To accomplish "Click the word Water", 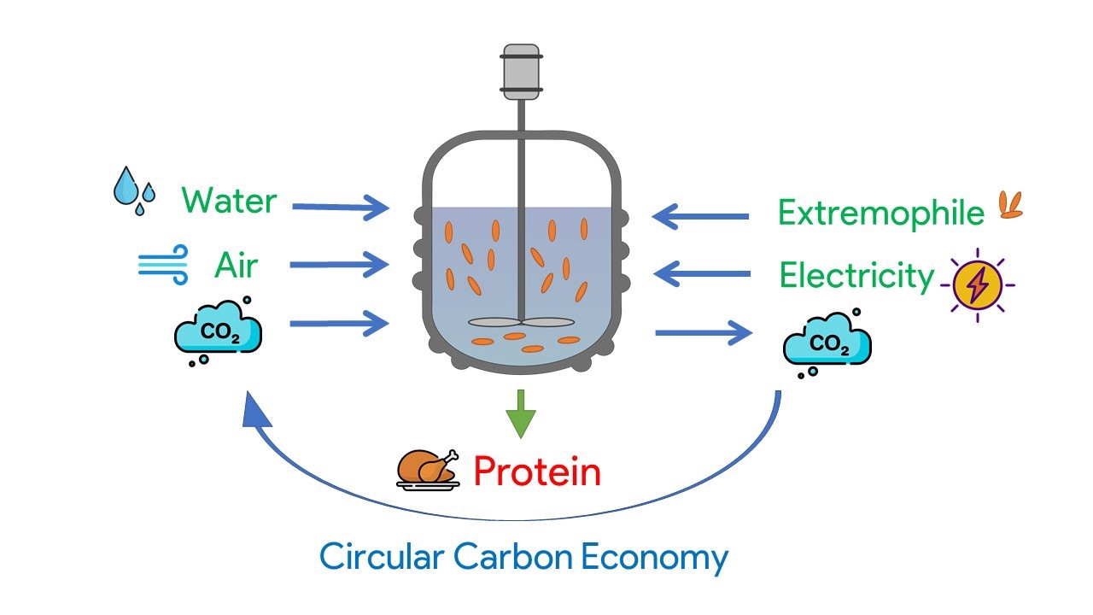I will (x=229, y=202).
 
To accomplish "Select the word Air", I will (x=236, y=267).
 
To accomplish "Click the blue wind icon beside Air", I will (x=163, y=264).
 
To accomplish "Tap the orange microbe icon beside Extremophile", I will (x=1011, y=206).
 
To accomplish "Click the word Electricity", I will (x=856, y=276).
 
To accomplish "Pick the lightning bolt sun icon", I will (x=978, y=284).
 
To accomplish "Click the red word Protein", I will (x=536, y=471).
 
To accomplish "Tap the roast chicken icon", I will (x=428, y=469).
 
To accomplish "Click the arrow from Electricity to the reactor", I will (x=701, y=274).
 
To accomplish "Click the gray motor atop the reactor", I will (x=521, y=69).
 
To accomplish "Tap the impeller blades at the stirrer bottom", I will (x=520, y=323).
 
